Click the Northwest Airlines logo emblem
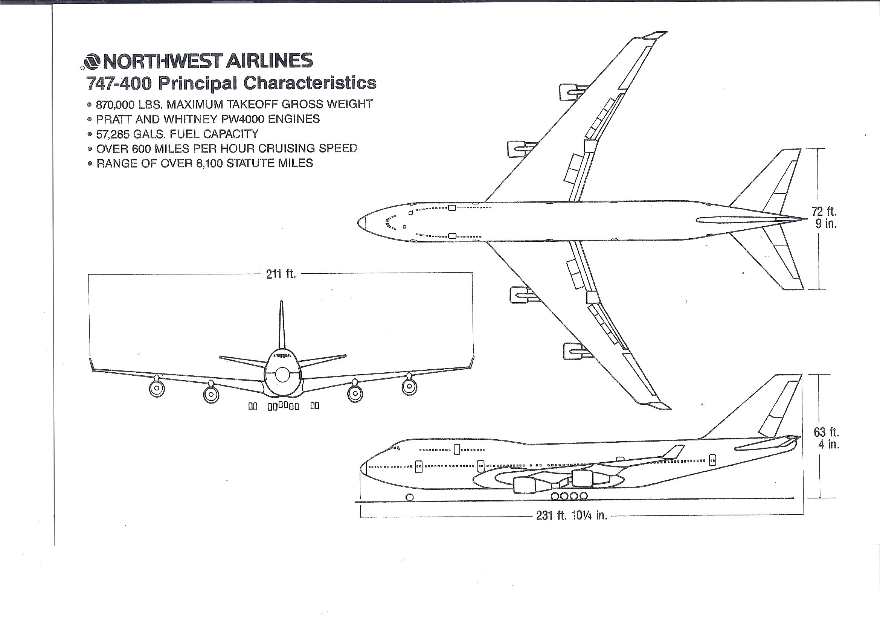coord(92,61)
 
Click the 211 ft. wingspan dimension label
coord(281,274)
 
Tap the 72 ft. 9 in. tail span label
coord(824,218)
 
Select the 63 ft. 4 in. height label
coord(827,438)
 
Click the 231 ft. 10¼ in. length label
coord(572,515)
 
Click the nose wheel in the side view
coord(409,497)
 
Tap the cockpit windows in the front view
coord(282,355)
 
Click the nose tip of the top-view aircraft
coord(359,222)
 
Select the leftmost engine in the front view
coord(157,388)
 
